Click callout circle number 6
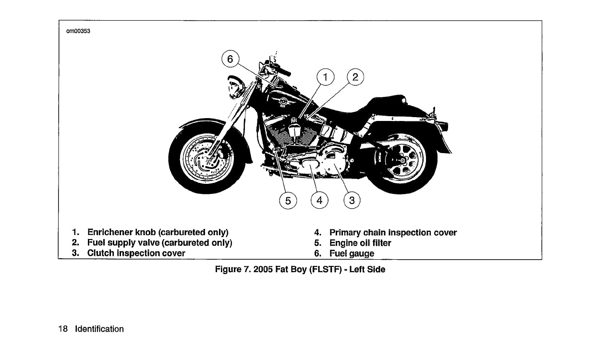[x=230, y=60]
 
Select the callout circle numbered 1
[x=326, y=77]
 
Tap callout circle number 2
[x=355, y=77]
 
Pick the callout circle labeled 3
[x=352, y=201]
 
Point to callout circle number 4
[x=319, y=201]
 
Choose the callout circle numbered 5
[x=288, y=201]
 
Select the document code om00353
[x=78, y=32]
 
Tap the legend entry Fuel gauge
[x=352, y=253]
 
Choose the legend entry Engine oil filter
[x=360, y=243]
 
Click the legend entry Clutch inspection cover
[x=136, y=253]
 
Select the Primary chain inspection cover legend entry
[x=393, y=233]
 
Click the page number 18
[x=62, y=329]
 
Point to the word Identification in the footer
[x=99, y=329]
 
